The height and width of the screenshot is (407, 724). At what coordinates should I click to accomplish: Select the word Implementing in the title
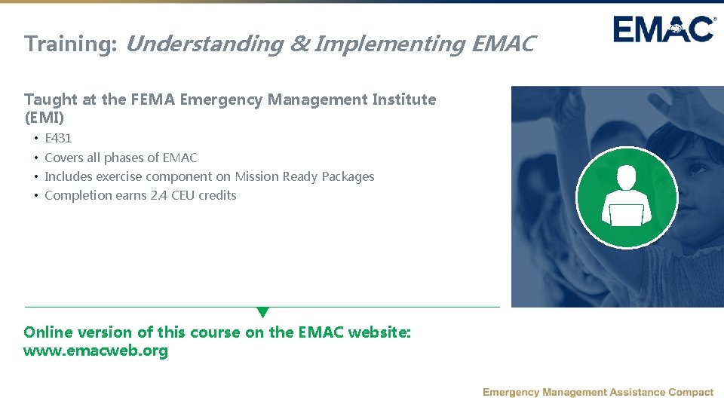click(390, 44)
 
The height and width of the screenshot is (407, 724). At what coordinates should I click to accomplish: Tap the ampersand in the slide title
click(299, 44)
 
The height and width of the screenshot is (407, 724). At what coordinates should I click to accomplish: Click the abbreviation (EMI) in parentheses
click(44, 118)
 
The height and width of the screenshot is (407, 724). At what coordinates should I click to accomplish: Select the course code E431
click(58, 139)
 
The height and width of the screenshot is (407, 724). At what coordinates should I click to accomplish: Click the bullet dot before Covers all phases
click(35, 158)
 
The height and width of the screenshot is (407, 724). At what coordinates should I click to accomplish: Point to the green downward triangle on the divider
click(262, 312)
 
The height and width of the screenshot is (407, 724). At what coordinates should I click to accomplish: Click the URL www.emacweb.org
click(96, 351)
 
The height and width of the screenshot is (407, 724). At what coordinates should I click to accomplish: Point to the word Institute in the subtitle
click(406, 99)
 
